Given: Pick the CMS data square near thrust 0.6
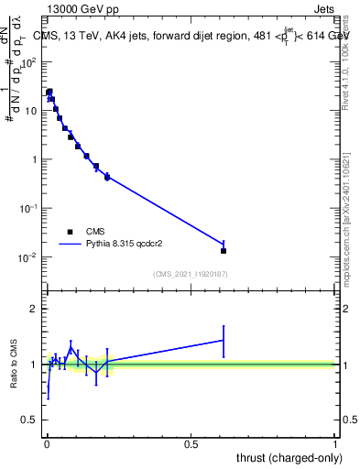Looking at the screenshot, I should point(224,250).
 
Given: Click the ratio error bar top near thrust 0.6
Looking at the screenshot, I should point(224,326).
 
